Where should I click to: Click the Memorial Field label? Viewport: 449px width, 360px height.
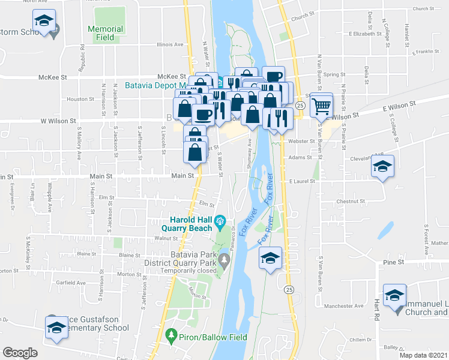(105, 33)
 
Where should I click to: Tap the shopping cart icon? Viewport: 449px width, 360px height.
(322, 106)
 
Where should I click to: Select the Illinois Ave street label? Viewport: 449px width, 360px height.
(170, 44)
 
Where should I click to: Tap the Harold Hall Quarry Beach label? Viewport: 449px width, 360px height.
(186, 223)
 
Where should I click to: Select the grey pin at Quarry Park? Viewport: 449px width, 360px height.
(224, 260)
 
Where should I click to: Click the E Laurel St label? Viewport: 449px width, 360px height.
(301, 181)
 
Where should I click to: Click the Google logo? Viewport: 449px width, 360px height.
(20, 353)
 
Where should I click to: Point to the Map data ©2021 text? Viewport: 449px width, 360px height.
(423, 355)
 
